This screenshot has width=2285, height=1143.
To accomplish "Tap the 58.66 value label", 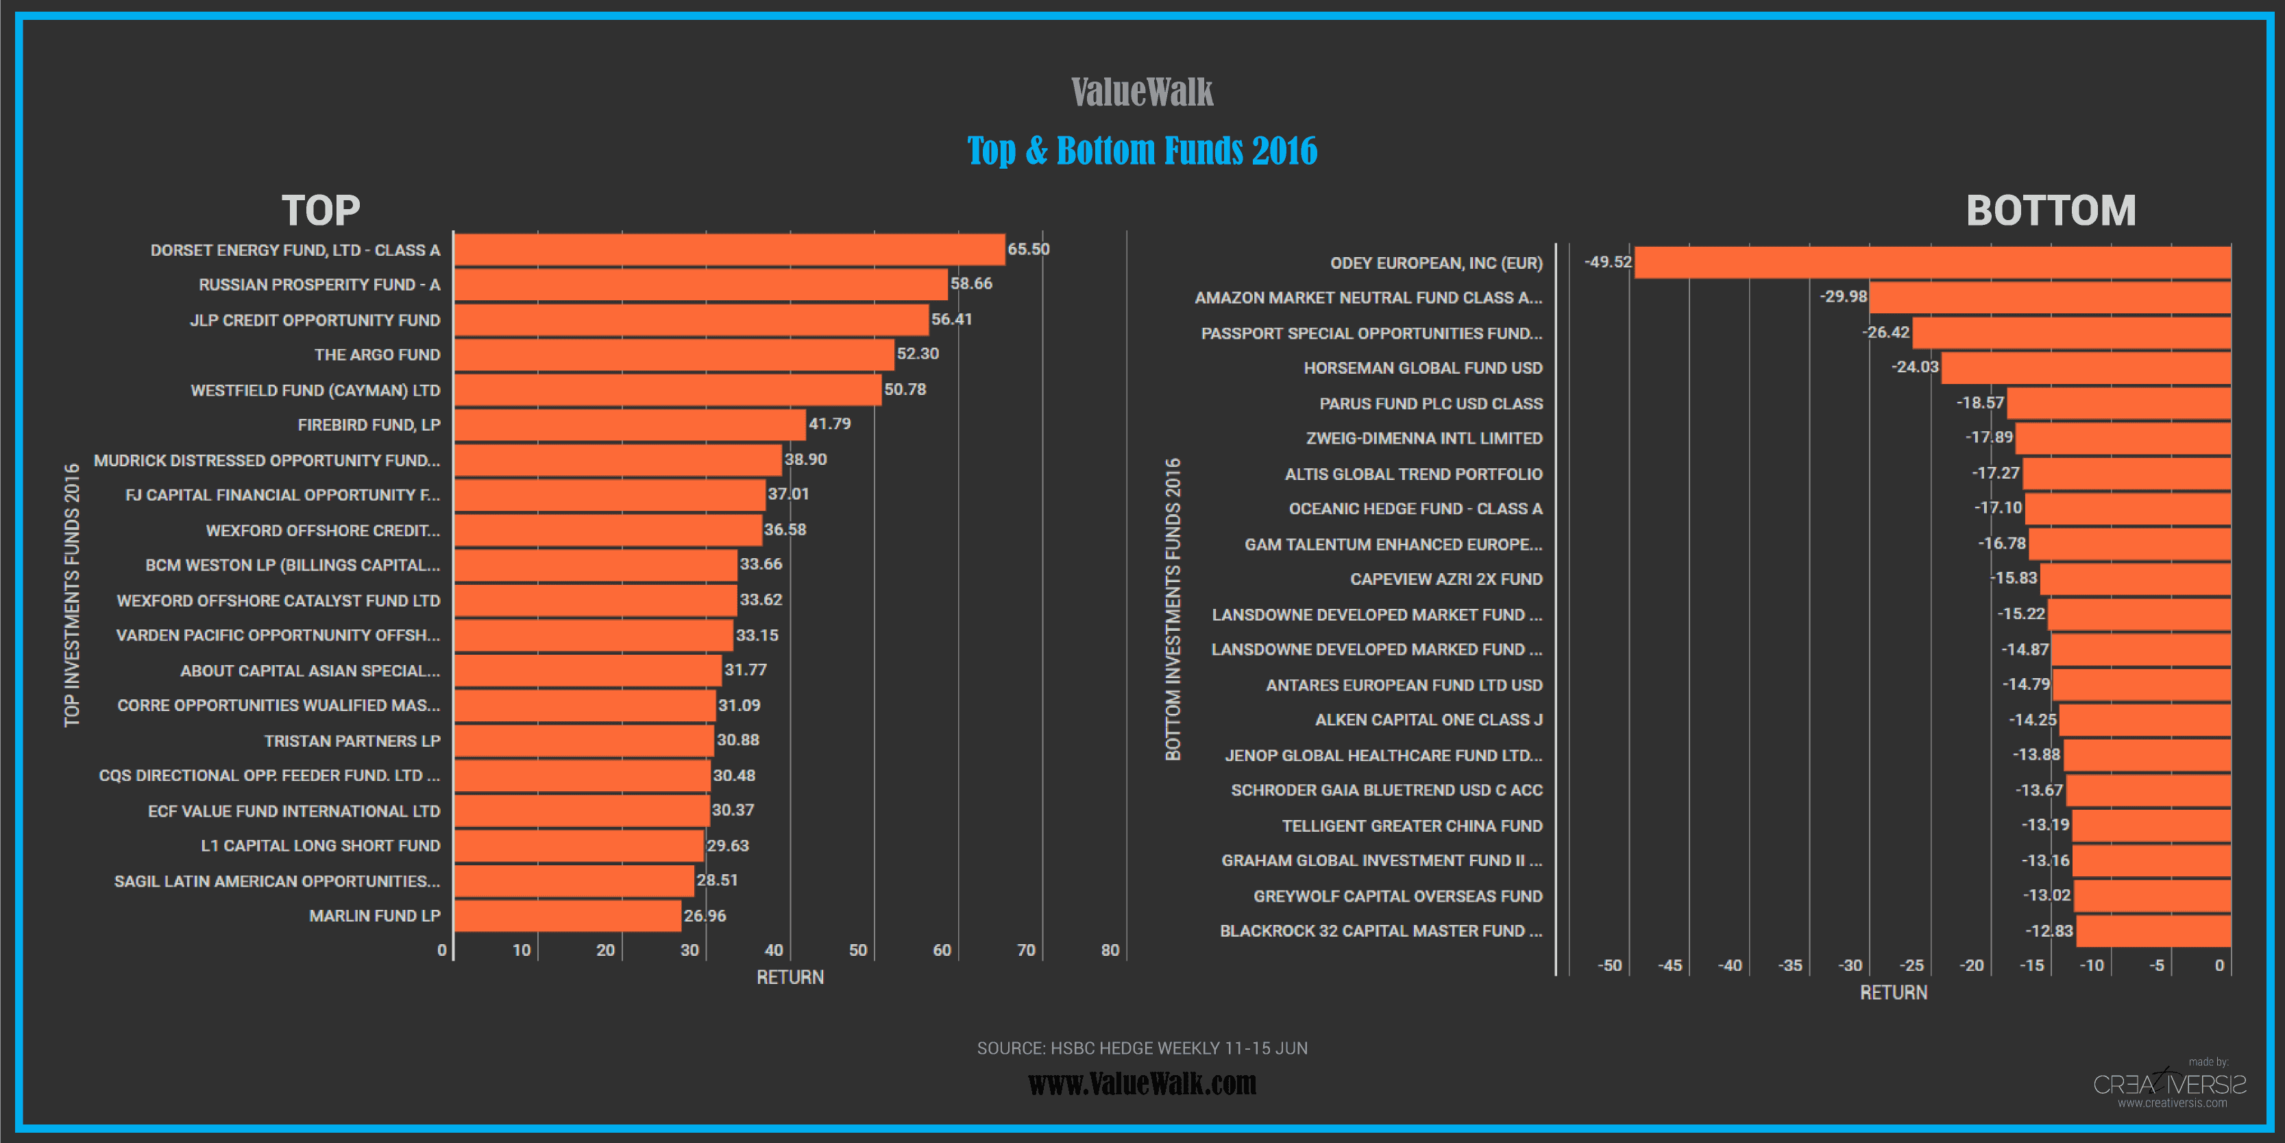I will point(971,284).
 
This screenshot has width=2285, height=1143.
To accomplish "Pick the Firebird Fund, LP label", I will point(369,425).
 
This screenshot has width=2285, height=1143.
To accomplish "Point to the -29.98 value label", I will point(1843,296).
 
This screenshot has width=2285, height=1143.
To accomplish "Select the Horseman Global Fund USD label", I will point(1423,368).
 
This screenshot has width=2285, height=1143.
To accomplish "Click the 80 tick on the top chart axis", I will point(1110,950).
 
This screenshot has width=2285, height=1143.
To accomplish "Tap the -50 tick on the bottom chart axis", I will point(1609,965).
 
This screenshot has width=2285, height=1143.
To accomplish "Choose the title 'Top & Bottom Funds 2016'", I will point(1142,151).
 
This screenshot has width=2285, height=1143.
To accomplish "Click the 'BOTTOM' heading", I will point(2051,211).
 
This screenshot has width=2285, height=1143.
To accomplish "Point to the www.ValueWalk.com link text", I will point(1142,1083).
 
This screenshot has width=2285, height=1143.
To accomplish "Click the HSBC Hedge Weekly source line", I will point(1142,1048).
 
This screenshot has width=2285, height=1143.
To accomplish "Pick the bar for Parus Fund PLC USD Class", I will point(2118,404).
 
